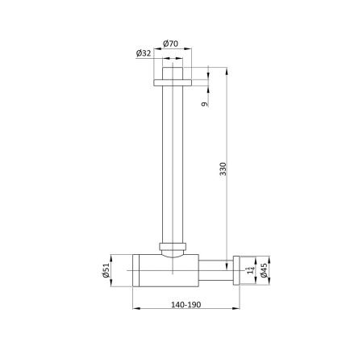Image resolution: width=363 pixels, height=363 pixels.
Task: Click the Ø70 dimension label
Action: [x=171, y=43]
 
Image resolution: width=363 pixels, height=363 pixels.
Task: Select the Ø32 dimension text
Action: [x=144, y=54]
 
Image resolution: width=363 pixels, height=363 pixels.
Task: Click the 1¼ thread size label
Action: [x=250, y=271]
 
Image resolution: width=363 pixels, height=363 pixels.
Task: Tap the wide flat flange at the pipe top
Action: [x=173, y=81]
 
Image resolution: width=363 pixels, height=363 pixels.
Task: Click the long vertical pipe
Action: [x=173, y=161]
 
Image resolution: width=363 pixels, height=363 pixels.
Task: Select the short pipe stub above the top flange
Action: [x=173, y=73]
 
